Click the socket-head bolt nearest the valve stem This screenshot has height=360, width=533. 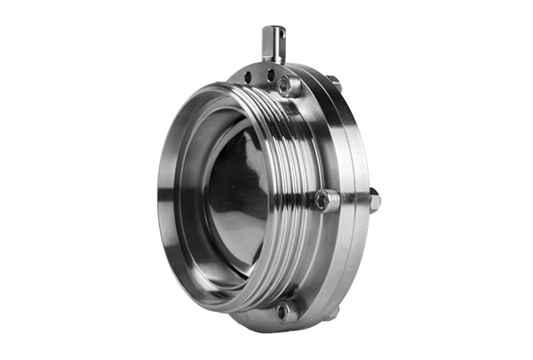click(x=289, y=85)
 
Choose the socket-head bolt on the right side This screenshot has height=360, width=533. click(x=328, y=201)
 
